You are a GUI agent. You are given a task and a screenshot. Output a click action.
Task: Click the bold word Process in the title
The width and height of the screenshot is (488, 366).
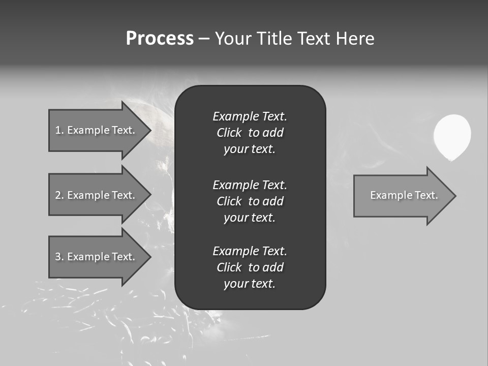160,39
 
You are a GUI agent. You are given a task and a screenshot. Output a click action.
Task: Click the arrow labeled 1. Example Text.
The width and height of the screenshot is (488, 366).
97,130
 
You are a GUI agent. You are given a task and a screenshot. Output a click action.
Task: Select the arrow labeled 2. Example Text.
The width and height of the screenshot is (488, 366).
97,195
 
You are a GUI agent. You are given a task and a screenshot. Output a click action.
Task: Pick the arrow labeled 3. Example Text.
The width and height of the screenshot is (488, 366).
97,257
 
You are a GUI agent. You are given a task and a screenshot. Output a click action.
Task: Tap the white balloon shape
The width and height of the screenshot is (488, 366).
452,136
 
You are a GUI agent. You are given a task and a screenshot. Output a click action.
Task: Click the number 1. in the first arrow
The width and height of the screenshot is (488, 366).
59,130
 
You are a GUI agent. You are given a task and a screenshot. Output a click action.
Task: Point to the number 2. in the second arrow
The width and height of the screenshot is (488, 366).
59,195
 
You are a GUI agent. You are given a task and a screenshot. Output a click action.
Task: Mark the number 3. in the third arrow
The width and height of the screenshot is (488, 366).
59,257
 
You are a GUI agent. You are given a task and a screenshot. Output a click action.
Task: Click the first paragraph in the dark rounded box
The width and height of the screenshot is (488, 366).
250,133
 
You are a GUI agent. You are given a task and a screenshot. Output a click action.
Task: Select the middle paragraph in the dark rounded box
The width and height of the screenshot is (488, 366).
250,201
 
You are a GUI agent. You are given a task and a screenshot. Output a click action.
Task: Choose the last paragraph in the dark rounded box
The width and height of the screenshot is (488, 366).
250,267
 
